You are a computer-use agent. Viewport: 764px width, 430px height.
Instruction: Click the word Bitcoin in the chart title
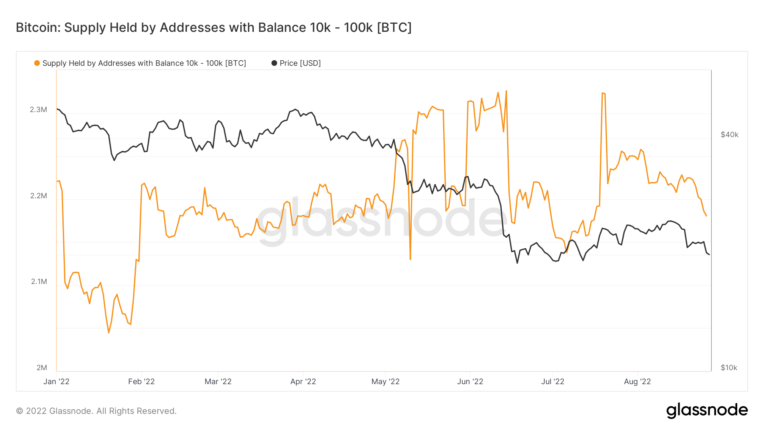tap(38, 28)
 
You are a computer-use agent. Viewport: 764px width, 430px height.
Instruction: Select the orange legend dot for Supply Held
tap(37, 63)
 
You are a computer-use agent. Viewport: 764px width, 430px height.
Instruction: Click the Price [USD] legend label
tap(300, 63)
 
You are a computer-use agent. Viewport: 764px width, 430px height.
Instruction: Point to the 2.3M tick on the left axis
tap(38, 110)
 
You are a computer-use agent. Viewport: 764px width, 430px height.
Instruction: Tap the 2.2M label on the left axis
tap(38, 196)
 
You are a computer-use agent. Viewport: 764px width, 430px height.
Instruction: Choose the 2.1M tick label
tap(39, 281)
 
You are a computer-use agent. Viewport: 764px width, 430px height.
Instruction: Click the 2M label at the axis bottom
tap(42, 368)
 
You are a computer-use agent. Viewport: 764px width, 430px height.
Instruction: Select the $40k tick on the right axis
tap(729, 135)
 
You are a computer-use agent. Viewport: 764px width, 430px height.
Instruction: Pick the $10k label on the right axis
tap(729, 368)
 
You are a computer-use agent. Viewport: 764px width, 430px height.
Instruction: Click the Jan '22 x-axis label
tap(56, 382)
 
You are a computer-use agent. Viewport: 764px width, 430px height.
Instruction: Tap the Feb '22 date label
tap(141, 382)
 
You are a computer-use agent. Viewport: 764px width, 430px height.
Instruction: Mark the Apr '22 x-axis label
tap(303, 382)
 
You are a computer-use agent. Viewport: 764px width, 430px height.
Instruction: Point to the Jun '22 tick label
tap(470, 382)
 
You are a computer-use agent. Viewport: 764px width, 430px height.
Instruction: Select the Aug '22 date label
tap(637, 382)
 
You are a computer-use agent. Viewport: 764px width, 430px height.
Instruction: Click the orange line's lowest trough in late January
tap(109, 332)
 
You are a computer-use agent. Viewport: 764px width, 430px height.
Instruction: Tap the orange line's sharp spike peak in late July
tap(603, 93)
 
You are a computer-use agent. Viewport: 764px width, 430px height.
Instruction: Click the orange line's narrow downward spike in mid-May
tap(410, 259)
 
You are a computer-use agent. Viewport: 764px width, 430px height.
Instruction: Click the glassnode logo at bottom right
tap(707, 410)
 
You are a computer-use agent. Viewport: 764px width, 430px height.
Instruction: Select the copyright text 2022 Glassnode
tap(96, 411)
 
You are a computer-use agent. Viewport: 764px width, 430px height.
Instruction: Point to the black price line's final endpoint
tap(709, 254)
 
